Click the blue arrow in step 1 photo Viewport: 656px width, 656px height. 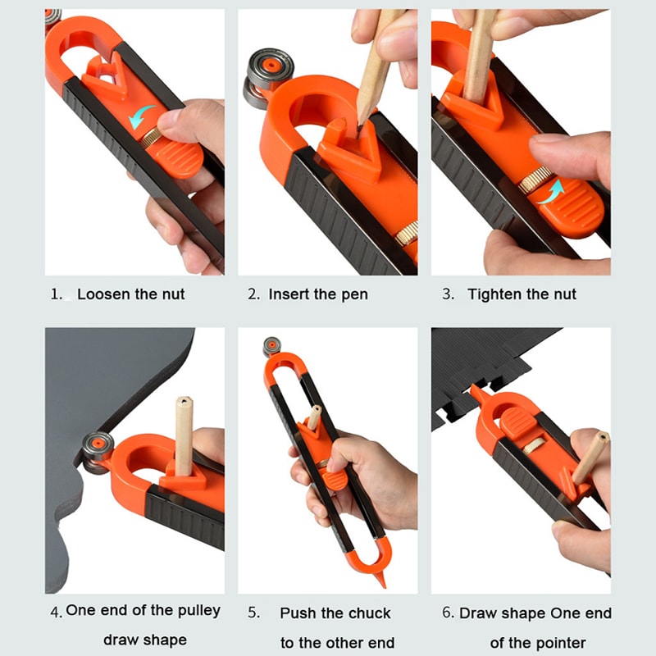click(145, 116)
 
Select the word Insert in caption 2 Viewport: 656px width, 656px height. click(291, 294)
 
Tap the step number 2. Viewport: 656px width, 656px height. click(253, 294)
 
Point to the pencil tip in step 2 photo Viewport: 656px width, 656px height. click(360, 124)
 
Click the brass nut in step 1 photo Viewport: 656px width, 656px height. click(150, 139)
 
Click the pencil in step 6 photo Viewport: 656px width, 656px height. click(590, 458)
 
